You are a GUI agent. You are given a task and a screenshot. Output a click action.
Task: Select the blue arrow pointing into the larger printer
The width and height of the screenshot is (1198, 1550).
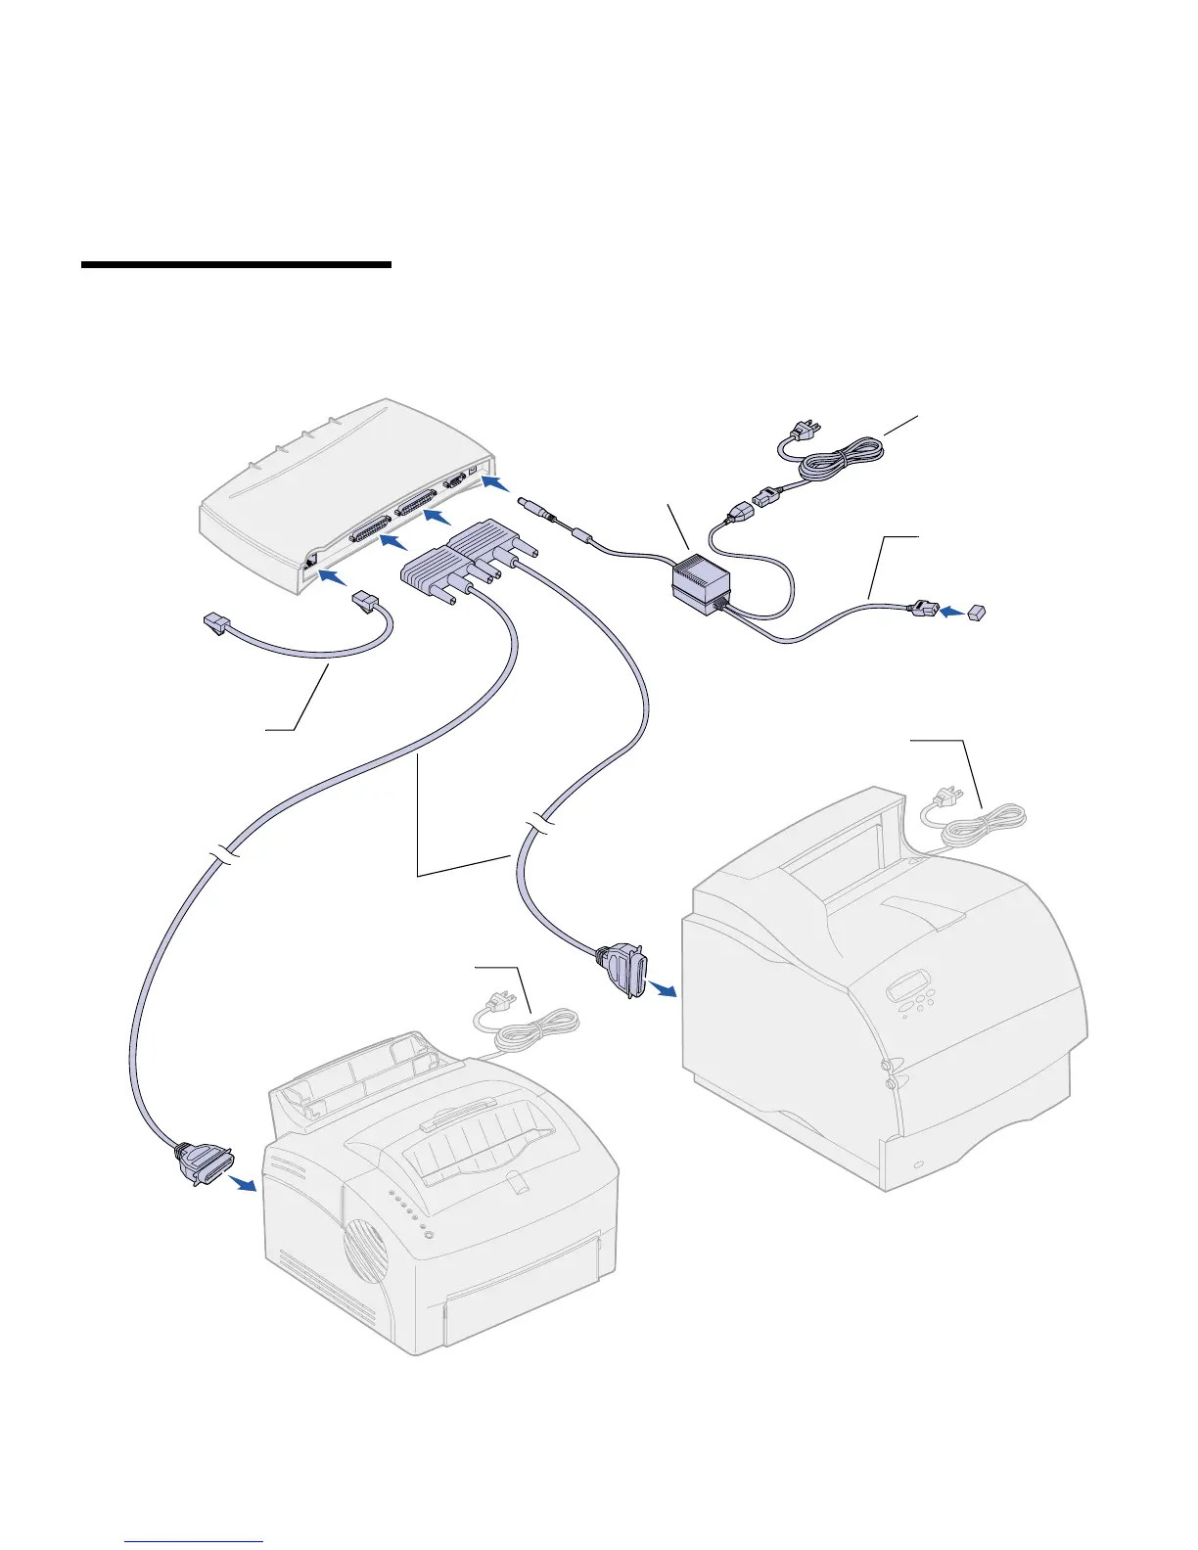pyautogui.click(x=665, y=990)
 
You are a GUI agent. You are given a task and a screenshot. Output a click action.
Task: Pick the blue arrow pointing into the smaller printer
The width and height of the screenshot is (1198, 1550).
pyautogui.click(x=242, y=1182)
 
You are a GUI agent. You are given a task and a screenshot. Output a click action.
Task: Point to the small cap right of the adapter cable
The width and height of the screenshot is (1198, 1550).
pyautogui.click(x=978, y=613)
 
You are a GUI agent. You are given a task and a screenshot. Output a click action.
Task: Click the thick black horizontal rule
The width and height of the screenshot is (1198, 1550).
pyautogui.click(x=236, y=264)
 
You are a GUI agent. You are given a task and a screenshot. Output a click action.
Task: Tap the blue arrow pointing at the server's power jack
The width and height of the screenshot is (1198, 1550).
pyautogui.click(x=495, y=484)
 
